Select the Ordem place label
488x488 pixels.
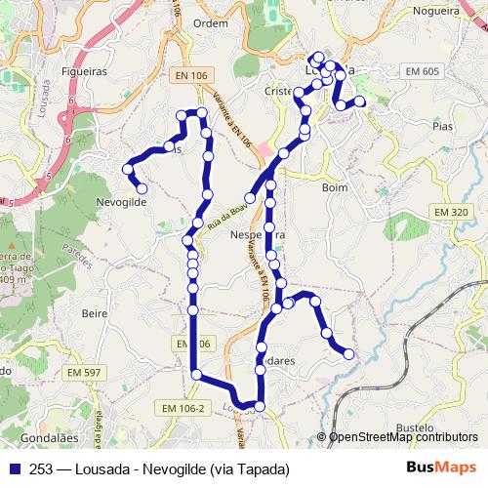point(211,22)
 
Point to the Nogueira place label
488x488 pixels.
point(434,12)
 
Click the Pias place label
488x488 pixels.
point(442,126)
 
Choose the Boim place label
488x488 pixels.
point(334,187)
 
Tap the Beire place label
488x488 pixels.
point(95,313)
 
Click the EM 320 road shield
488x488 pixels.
point(451,212)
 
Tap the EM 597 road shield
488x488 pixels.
point(85,373)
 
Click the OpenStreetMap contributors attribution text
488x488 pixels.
point(403,437)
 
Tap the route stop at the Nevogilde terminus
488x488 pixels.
point(142,188)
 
